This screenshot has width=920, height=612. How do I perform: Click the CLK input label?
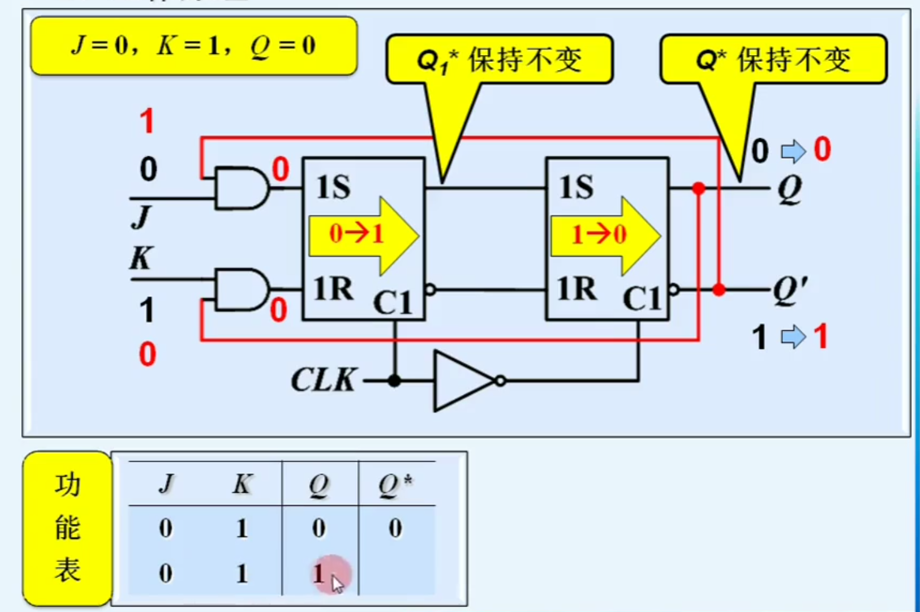pos(324,379)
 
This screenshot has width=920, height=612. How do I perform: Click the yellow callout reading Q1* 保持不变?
pos(499,60)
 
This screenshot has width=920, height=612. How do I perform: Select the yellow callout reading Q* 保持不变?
pos(773,60)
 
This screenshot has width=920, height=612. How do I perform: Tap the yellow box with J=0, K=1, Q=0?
pos(194,46)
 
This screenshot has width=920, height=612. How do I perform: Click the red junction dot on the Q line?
pos(699,188)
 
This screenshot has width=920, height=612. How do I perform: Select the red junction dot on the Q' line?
pos(719,289)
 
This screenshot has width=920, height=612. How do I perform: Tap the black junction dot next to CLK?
pos(394,380)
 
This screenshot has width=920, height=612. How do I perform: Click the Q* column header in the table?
pos(395,484)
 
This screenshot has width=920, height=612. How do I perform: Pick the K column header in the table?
pos(242,484)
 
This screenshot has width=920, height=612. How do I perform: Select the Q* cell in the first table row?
pos(395,529)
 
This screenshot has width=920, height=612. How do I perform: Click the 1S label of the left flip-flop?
pos(333,187)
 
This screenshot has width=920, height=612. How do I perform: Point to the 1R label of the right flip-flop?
pos(577,289)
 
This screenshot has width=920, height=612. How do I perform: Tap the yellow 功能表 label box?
pos(68,528)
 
